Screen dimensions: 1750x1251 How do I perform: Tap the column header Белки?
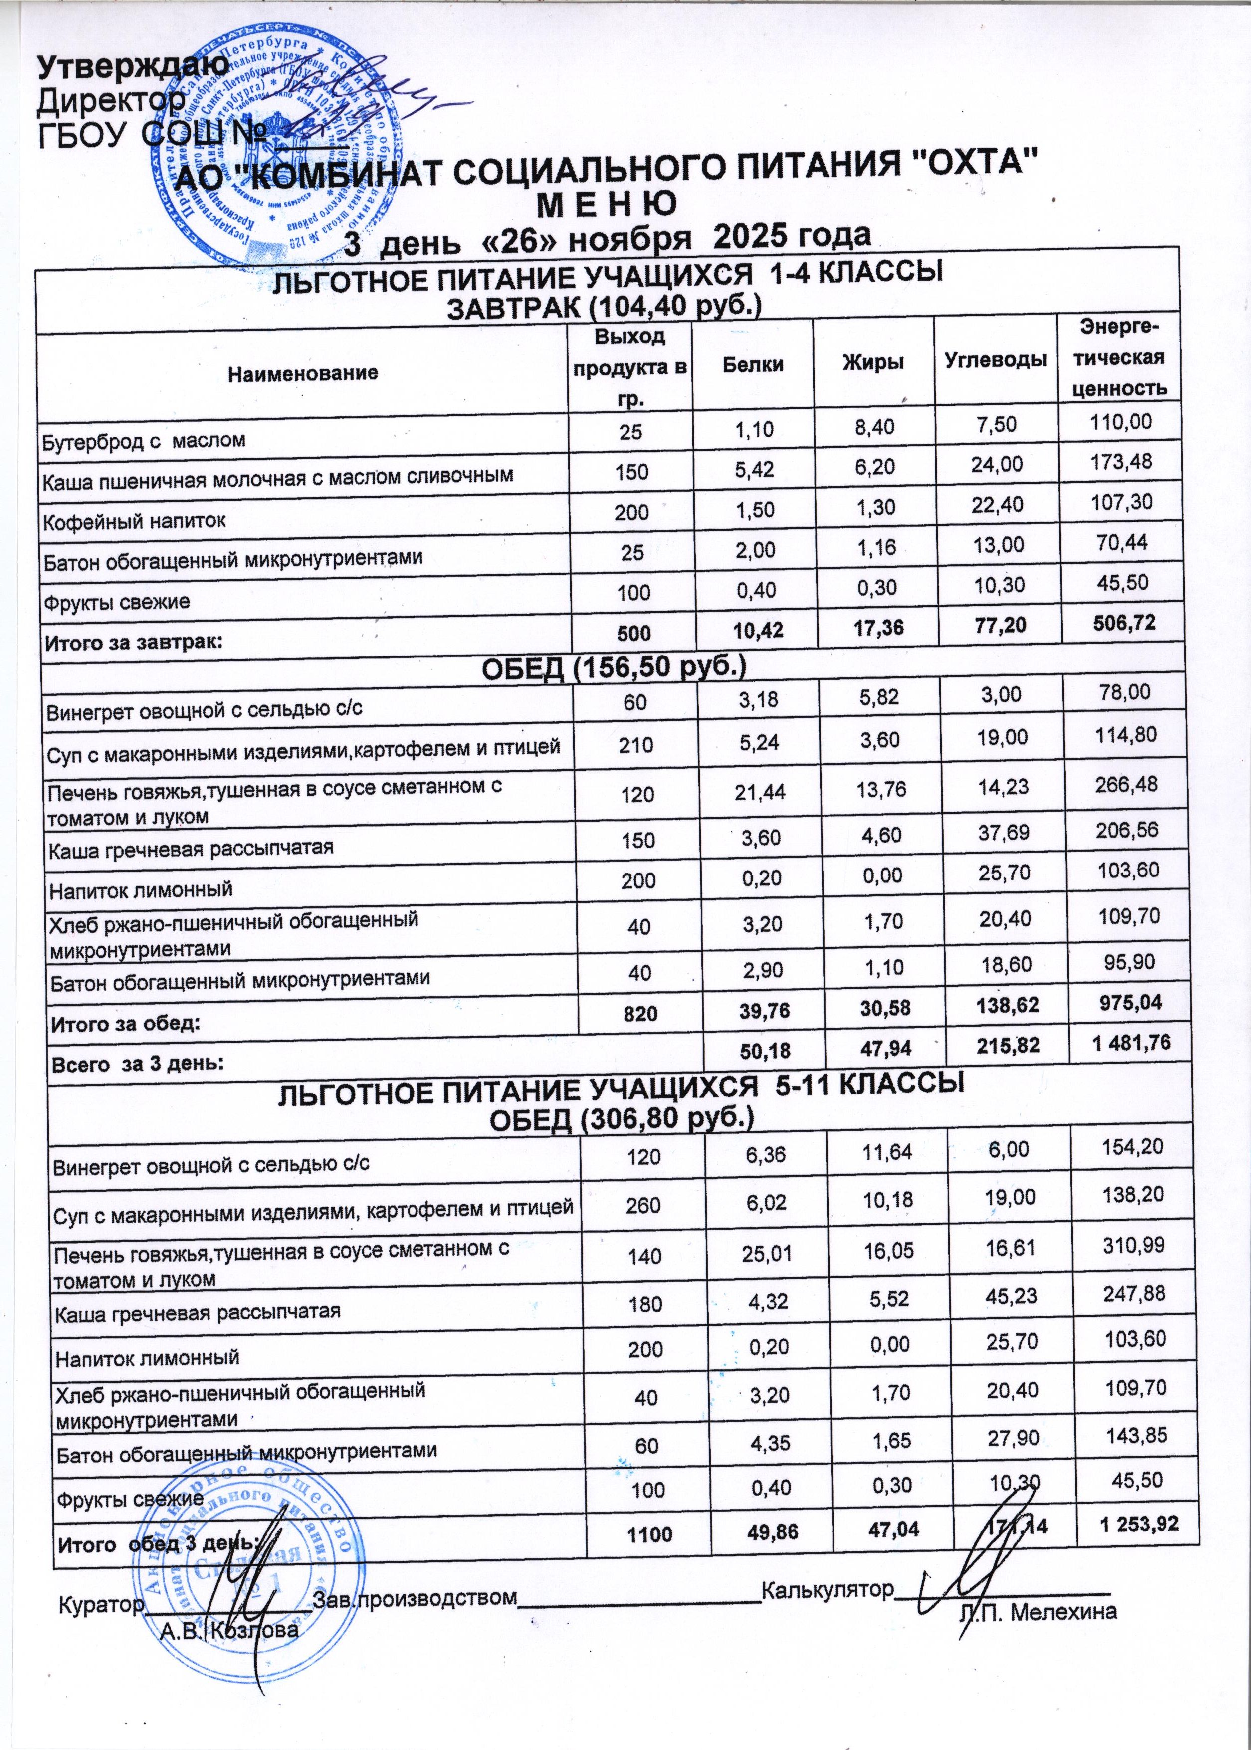click(753, 364)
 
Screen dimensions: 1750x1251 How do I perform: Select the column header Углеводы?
click(995, 359)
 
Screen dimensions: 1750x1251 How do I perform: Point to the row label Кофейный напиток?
click(133, 521)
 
